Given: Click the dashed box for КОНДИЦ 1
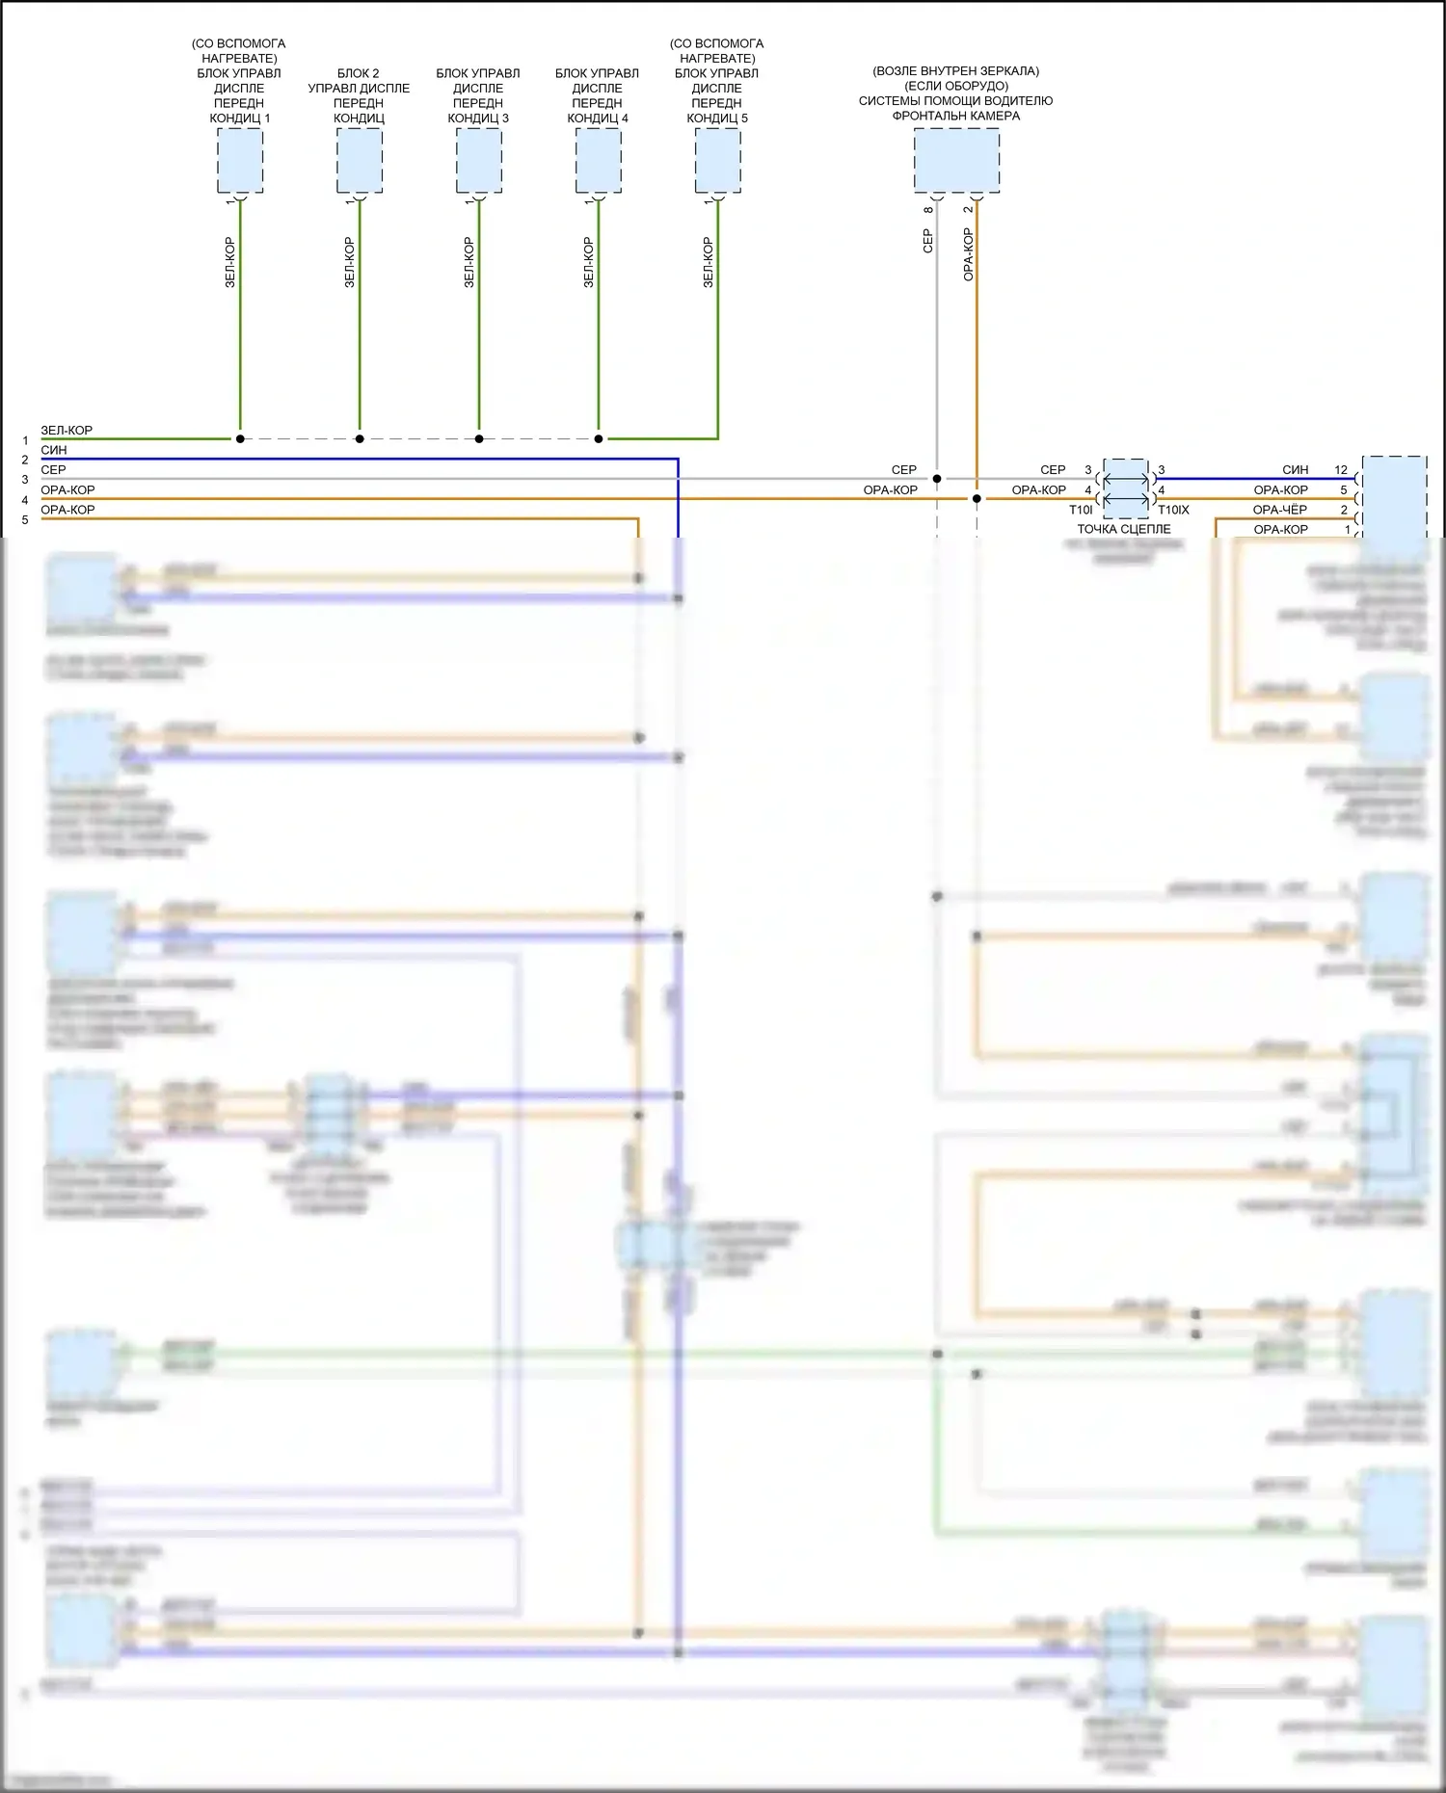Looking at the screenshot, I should click(x=240, y=161).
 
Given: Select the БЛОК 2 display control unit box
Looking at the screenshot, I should click(x=360, y=161).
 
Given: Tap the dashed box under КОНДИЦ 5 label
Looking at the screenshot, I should click(x=718, y=161).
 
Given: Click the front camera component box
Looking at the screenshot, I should click(x=956, y=161).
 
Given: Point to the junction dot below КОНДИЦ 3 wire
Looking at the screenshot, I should click(x=479, y=438).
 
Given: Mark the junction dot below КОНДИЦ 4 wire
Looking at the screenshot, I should click(x=599, y=438).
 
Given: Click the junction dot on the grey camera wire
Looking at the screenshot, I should click(x=937, y=479).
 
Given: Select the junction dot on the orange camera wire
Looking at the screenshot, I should click(x=977, y=498).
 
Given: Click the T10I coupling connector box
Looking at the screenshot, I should click(x=1125, y=488).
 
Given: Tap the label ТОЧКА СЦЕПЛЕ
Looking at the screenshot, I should click(x=1124, y=529).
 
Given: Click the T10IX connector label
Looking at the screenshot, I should click(x=1173, y=510).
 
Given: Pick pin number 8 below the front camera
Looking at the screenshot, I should click(x=928, y=209).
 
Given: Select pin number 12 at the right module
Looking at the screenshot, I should click(x=1341, y=470).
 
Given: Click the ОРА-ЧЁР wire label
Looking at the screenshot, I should click(x=1280, y=510).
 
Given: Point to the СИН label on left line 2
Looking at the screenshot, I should click(x=54, y=450).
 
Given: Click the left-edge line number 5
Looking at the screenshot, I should click(x=25, y=520).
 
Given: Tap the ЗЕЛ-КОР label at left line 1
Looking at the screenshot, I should click(x=67, y=431).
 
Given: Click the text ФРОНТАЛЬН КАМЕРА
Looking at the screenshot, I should click(x=955, y=116).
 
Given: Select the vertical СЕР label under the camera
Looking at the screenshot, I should click(x=928, y=241).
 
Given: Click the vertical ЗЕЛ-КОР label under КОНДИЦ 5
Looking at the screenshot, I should click(x=709, y=262).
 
